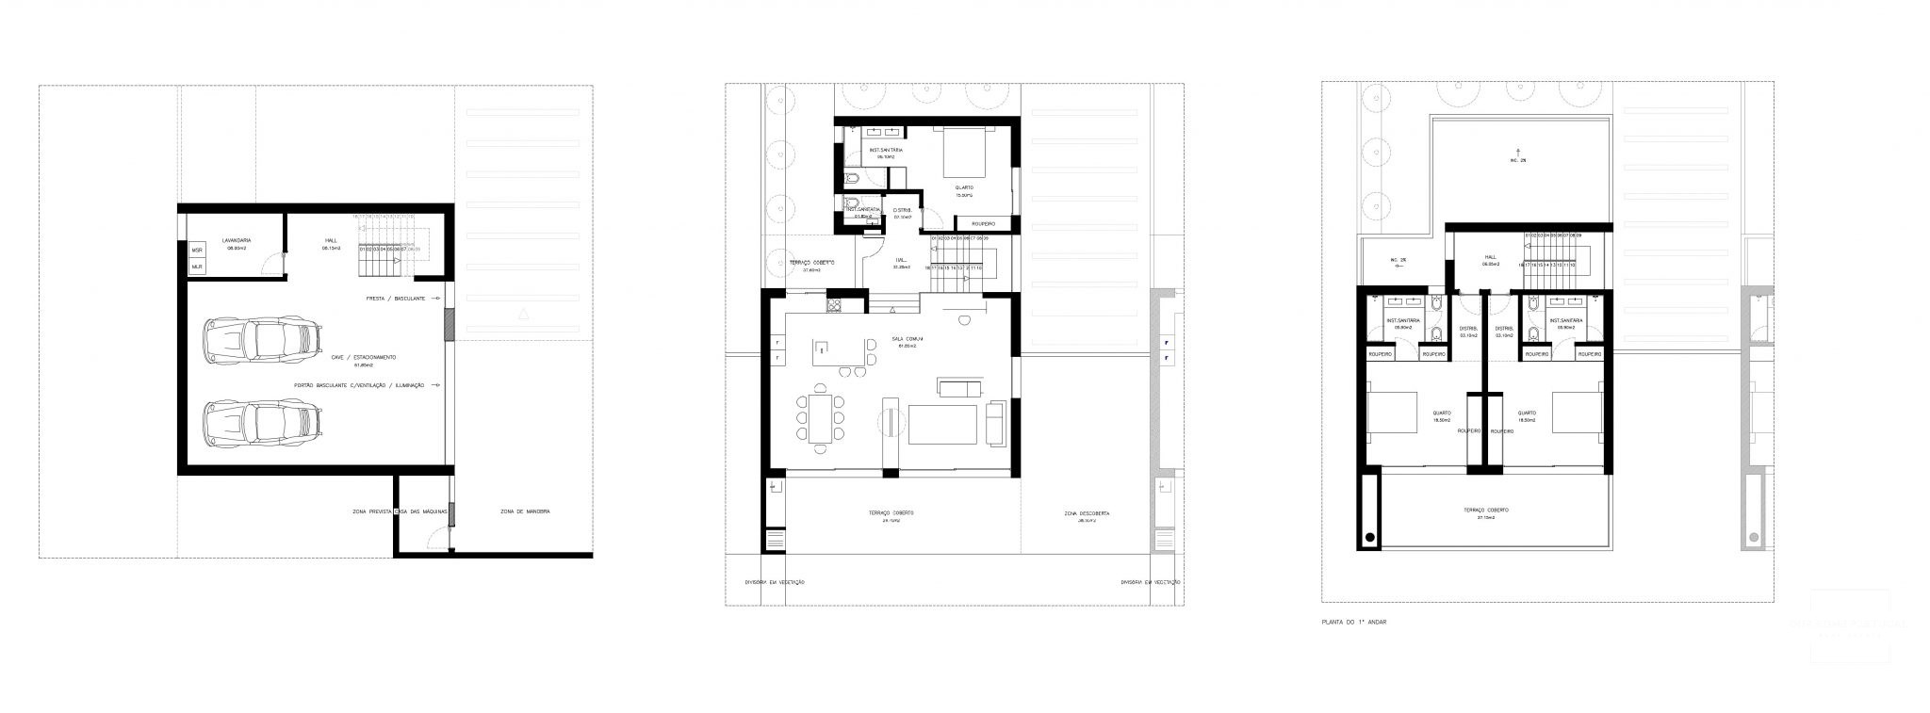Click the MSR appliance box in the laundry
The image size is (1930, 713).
click(197, 251)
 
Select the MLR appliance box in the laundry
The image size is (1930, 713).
click(197, 267)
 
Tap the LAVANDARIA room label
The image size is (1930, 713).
click(236, 241)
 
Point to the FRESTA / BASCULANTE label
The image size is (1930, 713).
click(396, 298)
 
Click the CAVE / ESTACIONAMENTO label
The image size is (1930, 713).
click(362, 357)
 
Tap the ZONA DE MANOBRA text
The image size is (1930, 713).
click(525, 511)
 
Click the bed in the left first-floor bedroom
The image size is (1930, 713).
click(1393, 413)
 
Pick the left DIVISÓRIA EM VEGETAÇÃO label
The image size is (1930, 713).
click(775, 582)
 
